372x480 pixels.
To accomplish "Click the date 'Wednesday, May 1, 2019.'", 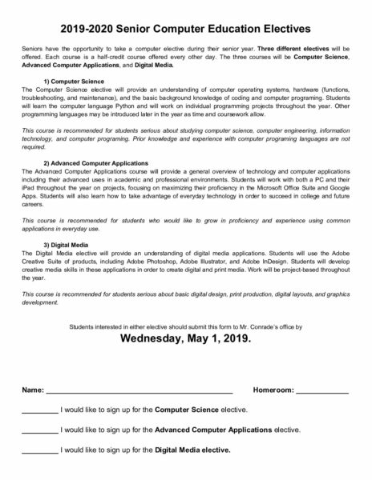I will (x=185, y=338).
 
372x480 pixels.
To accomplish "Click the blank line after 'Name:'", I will (x=138, y=391).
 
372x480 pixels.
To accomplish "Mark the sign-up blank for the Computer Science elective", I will (x=39, y=410).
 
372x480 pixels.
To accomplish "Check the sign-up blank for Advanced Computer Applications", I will (x=39, y=430).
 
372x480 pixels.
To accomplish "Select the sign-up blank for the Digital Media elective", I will (x=39, y=450).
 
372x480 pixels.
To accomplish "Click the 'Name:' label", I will (x=32, y=390).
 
